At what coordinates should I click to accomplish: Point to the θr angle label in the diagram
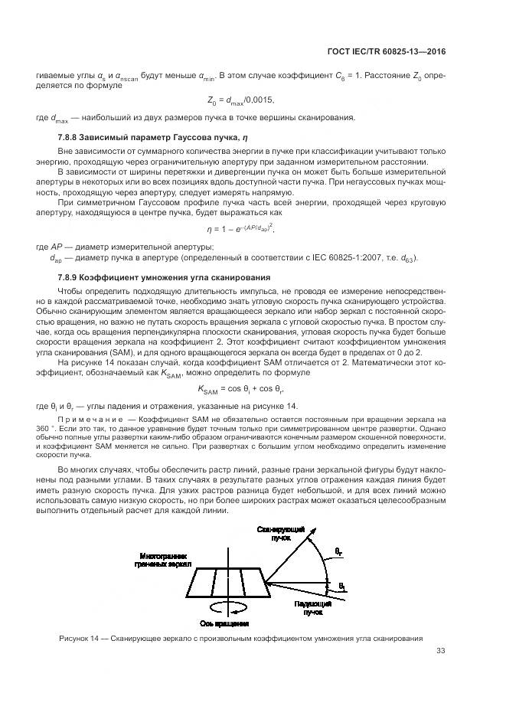click(x=339, y=551)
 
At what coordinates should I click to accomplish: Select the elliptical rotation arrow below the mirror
click(x=227, y=606)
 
